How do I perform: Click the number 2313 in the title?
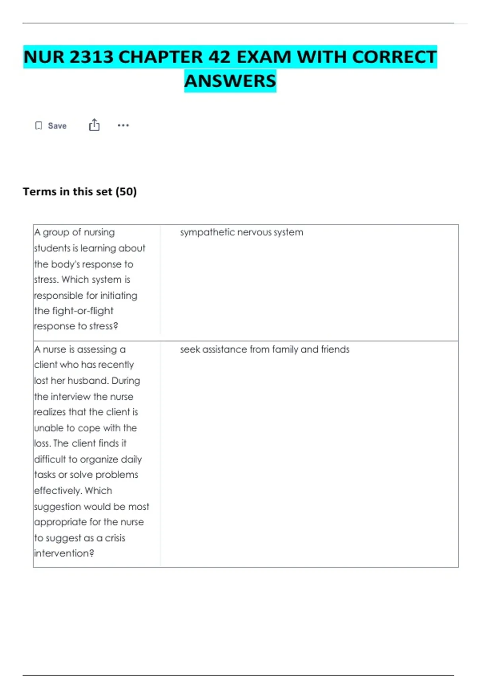tap(91, 57)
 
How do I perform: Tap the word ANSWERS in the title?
tap(230, 81)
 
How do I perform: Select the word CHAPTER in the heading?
tap(161, 57)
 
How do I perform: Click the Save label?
tap(57, 126)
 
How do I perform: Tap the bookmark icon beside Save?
tap(39, 126)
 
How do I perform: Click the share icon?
tap(94, 125)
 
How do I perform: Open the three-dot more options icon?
tap(123, 125)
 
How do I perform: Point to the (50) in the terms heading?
tap(126, 192)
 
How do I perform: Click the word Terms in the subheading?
tap(40, 192)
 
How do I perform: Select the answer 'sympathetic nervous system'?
tap(241, 232)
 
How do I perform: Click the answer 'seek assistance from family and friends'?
tap(265, 349)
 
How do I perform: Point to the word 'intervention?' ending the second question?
tap(64, 553)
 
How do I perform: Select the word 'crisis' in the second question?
tap(115, 538)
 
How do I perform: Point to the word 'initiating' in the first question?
tap(118, 295)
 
